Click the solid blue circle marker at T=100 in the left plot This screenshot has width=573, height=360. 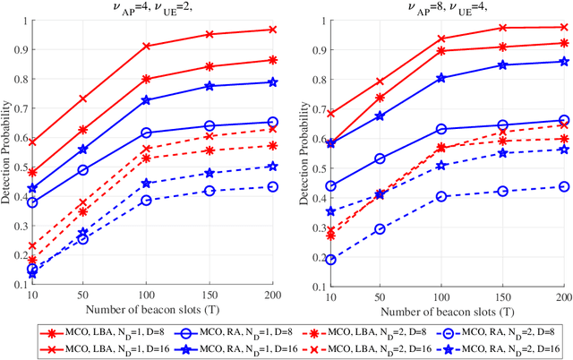[x=146, y=133]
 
